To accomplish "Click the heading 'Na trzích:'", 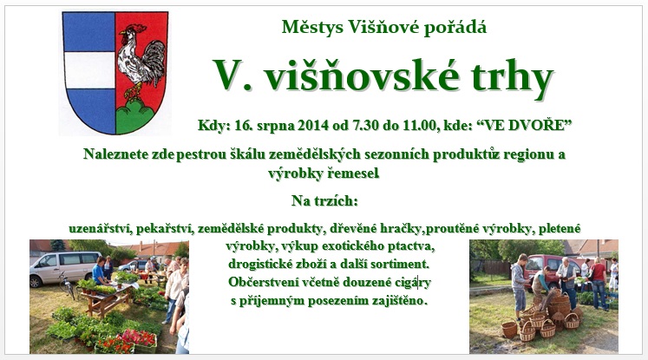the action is point(324,201).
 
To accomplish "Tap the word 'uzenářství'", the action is point(100,228).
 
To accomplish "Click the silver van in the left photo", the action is point(64,268).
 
